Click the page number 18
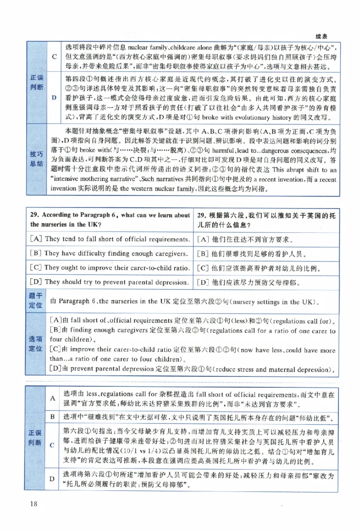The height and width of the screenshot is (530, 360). [x=34, y=503]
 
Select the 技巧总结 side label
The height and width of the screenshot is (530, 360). [x=36, y=159]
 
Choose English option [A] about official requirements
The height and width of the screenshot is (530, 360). [x=109, y=239]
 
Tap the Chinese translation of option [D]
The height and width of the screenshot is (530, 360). [x=248, y=283]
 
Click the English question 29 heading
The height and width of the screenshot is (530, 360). [x=110, y=219]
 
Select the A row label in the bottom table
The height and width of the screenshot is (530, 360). [x=52, y=398]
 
